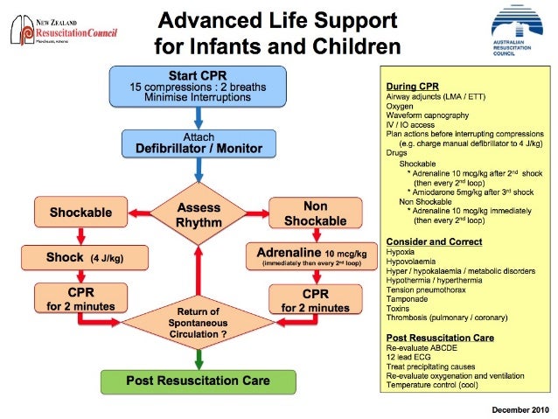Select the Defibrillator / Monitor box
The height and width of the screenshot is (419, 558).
199,143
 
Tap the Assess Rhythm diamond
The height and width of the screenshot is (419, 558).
199,215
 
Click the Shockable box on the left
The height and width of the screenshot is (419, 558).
80,211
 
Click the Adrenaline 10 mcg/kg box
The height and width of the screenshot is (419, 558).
316,258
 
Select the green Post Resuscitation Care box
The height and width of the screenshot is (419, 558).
199,381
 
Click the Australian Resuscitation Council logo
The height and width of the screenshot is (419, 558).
522,34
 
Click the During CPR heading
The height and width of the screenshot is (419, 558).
412,86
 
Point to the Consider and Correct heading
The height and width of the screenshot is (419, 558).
430,240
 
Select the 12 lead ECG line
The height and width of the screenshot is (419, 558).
408,356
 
